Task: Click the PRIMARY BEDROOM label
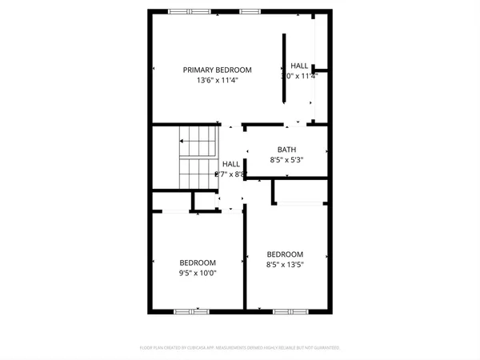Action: [217, 70]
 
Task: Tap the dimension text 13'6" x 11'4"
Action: [217, 80]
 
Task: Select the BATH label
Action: [286, 150]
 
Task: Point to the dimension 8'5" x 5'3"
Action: [286, 160]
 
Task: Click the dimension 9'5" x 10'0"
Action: [197, 273]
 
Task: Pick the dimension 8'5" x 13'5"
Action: [285, 264]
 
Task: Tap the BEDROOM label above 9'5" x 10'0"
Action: [197, 262]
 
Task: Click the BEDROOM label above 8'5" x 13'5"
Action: [285, 254]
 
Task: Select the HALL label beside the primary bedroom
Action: [299, 66]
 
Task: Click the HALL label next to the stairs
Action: [230, 164]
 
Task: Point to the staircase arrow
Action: [198, 157]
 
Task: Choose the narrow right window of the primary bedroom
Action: [250, 11]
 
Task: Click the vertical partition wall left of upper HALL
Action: [283, 68]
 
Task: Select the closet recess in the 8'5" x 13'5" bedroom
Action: [301, 191]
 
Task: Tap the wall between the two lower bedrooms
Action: [244, 256]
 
